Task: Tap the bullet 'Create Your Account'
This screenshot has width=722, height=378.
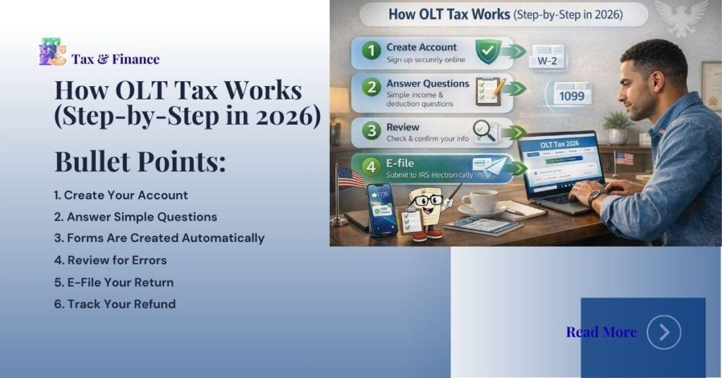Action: (121, 195)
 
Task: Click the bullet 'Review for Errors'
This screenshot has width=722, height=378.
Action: (111, 260)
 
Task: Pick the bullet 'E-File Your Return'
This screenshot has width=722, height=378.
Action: (114, 283)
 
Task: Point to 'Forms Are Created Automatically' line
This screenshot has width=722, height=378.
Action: (159, 238)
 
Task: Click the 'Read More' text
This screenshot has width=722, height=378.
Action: (601, 332)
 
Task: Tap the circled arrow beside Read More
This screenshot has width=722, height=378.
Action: (663, 332)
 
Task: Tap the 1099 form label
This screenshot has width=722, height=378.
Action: (572, 94)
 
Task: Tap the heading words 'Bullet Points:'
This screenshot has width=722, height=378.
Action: (140, 161)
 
